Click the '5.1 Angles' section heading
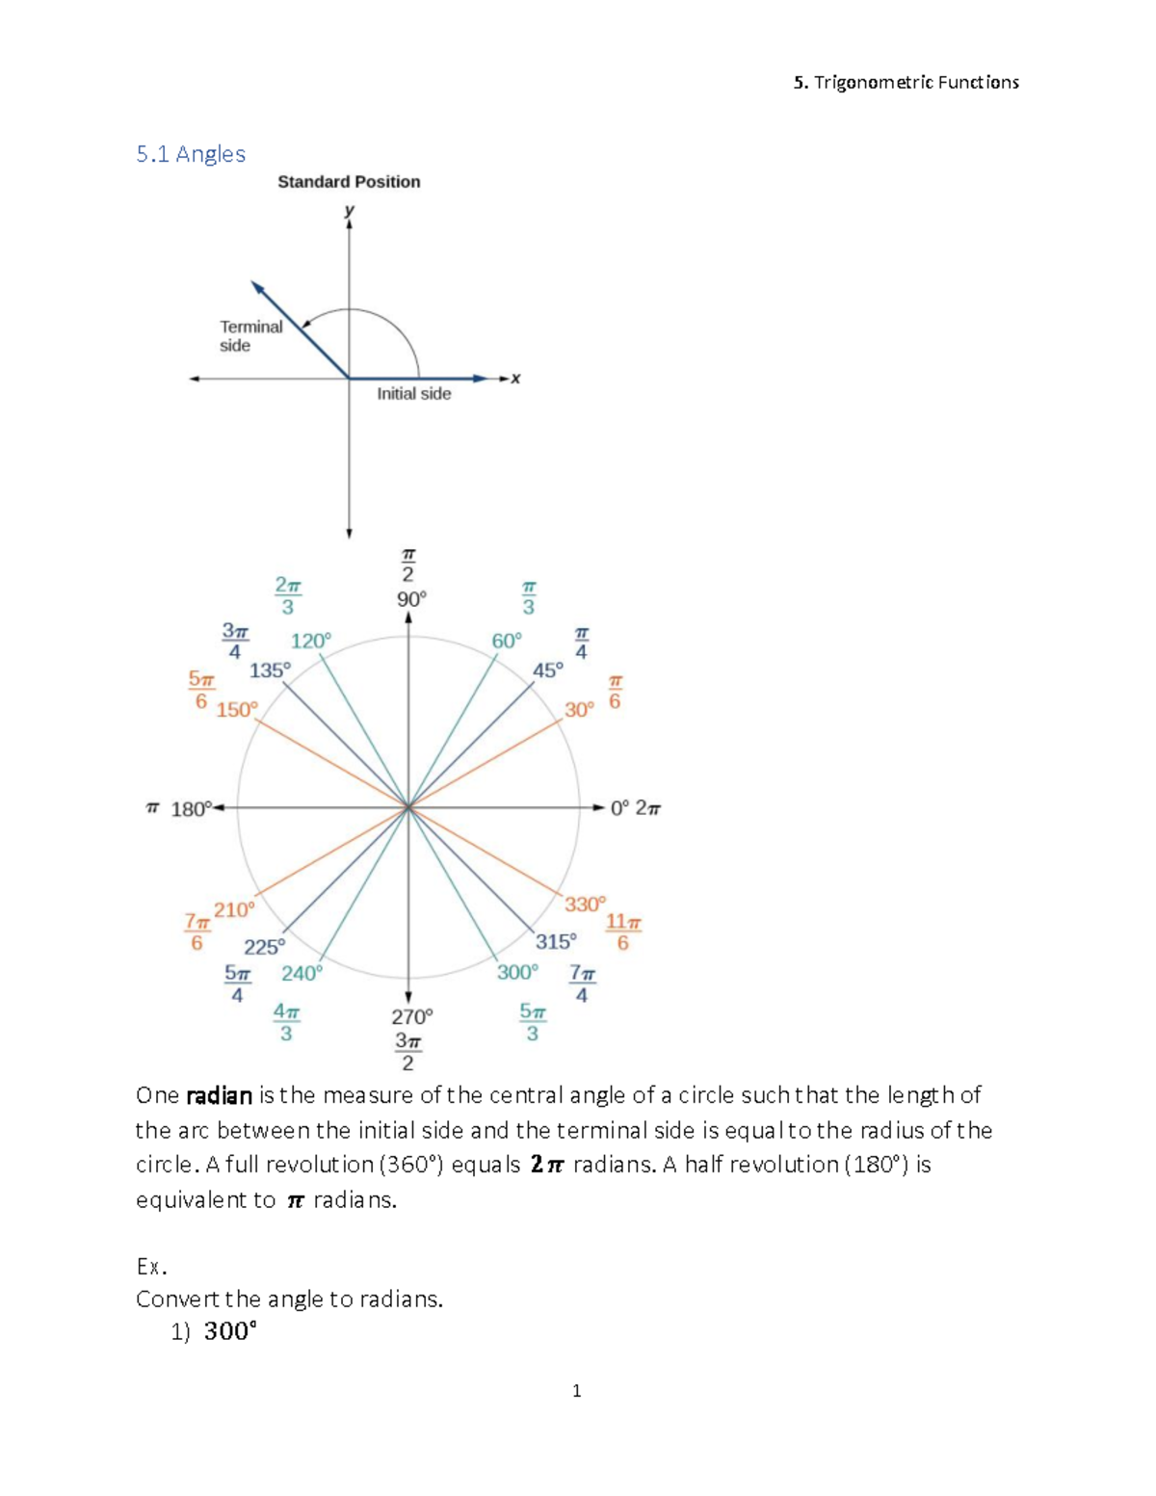[x=191, y=154]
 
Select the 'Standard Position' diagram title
[x=349, y=181]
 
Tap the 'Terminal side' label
[x=250, y=336]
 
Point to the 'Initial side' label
[x=413, y=393]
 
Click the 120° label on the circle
[x=310, y=641]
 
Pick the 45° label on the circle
[x=547, y=669]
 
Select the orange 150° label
[x=237, y=710]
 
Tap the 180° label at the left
[x=191, y=809]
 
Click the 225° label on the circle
[x=264, y=947]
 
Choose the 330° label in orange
[x=585, y=905]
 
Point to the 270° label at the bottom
[x=412, y=1016]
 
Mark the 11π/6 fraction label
[x=623, y=932]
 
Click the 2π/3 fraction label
[x=288, y=595]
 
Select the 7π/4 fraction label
[x=582, y=984]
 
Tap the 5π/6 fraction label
[x=200, y=691]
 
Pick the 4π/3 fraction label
[x=286, y=1022]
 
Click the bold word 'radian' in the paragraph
[x=219, y=1095]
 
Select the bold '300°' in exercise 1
[x=230, y=1331]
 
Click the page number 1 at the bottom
[x=576, y=1390]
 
